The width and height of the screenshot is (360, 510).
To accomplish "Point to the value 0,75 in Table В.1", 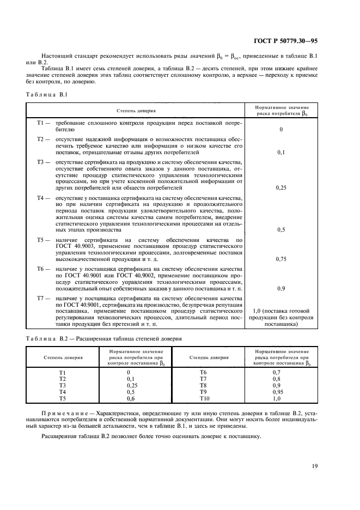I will pos(281,258).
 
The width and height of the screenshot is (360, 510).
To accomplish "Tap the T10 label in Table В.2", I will pos(204,398).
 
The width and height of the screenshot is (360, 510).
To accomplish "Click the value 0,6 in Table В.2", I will pos(130,398).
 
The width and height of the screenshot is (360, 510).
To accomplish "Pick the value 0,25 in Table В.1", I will pos(281,187).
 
